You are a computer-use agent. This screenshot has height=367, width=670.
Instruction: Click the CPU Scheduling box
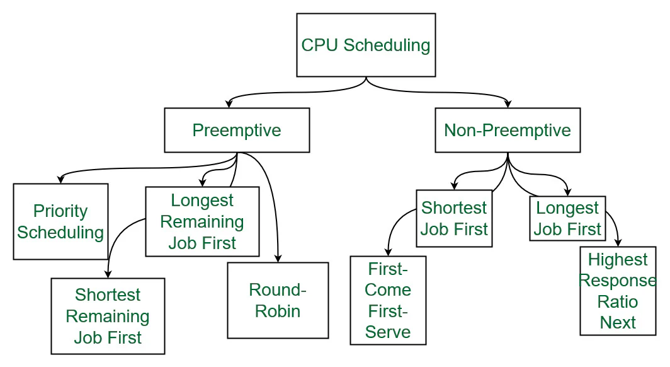(x=366, y=45)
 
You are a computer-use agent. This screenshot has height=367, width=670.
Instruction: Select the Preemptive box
(x=237, y=131)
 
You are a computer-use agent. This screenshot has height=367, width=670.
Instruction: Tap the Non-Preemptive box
(x=508, y=131)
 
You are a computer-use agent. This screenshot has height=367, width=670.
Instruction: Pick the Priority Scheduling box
(x=60, y=221)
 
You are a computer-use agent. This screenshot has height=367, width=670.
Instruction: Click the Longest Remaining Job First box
(x=202, y=221)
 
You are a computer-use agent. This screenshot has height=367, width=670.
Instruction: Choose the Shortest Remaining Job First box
(x=108, y=316)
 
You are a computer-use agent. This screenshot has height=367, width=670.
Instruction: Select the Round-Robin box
(x=278, y=300)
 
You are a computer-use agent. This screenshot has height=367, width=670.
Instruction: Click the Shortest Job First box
(x=454, y=218)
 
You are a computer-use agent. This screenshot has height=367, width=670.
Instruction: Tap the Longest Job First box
(x=567, y=219)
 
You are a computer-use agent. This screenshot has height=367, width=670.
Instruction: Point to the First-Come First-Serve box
(x=389, y=300)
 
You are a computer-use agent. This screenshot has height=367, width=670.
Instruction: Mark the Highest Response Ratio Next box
(x=618, y=291)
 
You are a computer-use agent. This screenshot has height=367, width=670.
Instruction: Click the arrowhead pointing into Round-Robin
(x=278, y=259)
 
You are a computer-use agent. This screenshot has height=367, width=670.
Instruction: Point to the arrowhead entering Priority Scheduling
(x=60, y=180)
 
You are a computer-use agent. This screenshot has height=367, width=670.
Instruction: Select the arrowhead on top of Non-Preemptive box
(x=508, y=104)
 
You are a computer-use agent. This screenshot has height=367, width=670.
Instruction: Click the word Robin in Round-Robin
(x=278, y=311)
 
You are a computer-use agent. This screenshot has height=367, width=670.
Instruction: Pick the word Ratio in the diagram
(x=618, y=301)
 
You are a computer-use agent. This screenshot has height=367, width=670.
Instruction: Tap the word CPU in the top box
(x=320, y=45)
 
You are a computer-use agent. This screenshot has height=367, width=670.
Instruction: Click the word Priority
(x=60, y=211)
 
